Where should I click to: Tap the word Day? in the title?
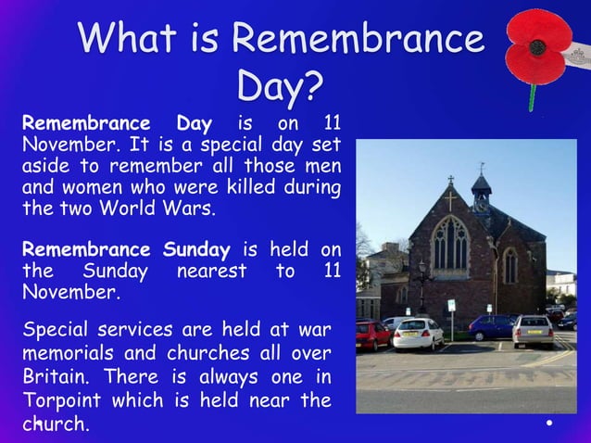(x=280, y=87)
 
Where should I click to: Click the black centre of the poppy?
(x=538, y=45)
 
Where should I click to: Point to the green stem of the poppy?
(x=533, y=95)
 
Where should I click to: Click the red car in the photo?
(x=372, y=334)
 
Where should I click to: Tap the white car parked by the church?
(x=418, y=333)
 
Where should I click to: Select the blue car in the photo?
(x=490, y=326)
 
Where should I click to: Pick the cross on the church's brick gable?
(x=450, y=199)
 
